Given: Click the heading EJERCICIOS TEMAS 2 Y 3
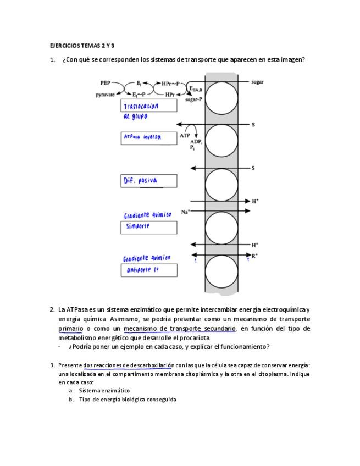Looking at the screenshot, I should pos(82,46).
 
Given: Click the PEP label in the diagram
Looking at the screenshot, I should pos(104,83).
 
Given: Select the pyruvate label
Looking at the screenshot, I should pos(105,95).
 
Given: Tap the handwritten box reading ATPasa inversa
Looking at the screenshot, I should pos(148,137).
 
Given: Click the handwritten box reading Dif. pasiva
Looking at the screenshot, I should pos(148,181).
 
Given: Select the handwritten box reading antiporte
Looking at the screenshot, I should pos(148,270).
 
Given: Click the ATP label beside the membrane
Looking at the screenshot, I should pos(185,135).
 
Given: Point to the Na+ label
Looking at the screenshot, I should pos(185,212).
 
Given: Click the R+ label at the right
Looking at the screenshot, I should pos(254,256).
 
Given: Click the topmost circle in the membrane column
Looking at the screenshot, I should pos(221,97).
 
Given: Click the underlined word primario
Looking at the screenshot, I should pos(70,329).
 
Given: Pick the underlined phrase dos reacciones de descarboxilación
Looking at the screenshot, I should pos(128,365).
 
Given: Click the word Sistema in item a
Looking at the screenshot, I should pos(89,390).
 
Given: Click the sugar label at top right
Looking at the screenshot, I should pos(257,82).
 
